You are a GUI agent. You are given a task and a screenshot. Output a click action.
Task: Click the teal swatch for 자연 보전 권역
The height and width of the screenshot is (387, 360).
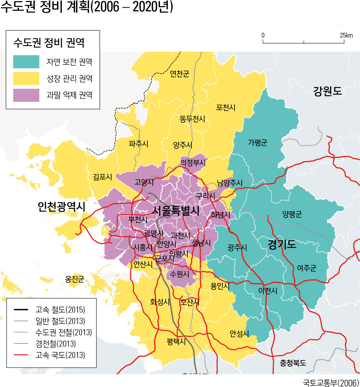tap(26, 62)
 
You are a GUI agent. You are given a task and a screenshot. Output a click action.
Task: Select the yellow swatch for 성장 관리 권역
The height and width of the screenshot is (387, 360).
tap(26, 78)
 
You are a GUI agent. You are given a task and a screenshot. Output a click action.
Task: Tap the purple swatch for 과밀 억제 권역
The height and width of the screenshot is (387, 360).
tap(26, 95)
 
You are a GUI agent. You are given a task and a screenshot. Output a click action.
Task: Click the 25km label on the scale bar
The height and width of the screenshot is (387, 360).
tap(346, 35)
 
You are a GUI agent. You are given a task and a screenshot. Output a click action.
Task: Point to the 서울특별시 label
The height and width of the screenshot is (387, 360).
tap(175, 211)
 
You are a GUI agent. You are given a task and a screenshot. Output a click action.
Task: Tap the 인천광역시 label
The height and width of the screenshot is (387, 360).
tap(61, 207)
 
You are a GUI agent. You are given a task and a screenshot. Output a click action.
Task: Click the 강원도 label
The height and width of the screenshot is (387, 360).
tap(327, 91)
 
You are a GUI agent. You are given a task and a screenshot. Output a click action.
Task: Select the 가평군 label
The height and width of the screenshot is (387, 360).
tap(257, 143)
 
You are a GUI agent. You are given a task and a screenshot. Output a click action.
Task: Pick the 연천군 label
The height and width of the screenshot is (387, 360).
tap(180, 74)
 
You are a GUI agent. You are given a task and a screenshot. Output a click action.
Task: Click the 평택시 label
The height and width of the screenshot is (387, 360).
tap(176, 341)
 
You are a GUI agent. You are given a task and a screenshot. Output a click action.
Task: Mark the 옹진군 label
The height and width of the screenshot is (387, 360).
tap(74, 279)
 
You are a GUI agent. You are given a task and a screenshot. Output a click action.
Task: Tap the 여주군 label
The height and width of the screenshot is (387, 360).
tap(306, 268)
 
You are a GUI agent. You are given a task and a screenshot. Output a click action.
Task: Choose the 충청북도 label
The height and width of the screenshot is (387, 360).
tap(293, 363)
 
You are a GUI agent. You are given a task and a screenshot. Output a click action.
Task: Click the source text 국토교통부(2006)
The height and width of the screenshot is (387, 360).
tap(331, 382)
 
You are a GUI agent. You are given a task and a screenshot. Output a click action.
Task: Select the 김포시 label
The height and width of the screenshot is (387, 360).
tap(102, 177)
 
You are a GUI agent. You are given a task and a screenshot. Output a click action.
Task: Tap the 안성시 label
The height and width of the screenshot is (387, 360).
tap(239, 333)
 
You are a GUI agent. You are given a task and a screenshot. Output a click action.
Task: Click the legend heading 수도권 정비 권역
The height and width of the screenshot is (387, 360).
tap(49, 43)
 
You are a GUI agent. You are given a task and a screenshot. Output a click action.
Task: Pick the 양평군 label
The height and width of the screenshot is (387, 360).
tap(292, 214)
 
